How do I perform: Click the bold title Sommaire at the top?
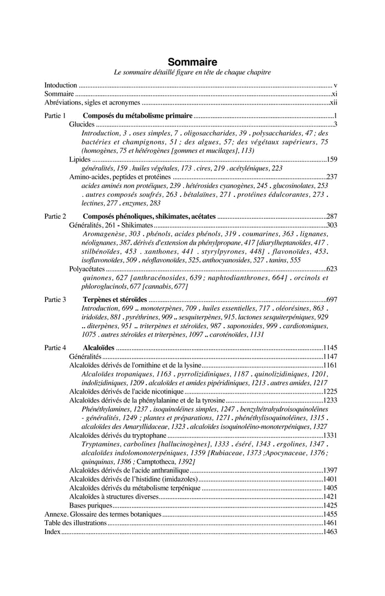tap(193, 62)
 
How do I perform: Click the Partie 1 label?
tap(55, 116)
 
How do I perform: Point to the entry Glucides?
tap(81, 124)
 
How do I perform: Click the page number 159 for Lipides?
tap(332, 159)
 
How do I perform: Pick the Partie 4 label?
tap(55, 347)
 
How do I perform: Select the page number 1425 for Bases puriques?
tap(330, 505)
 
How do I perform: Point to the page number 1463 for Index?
tap(330, 532)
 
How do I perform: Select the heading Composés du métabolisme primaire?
tap(137, 116)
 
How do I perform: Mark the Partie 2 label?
tap(55, 217)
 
